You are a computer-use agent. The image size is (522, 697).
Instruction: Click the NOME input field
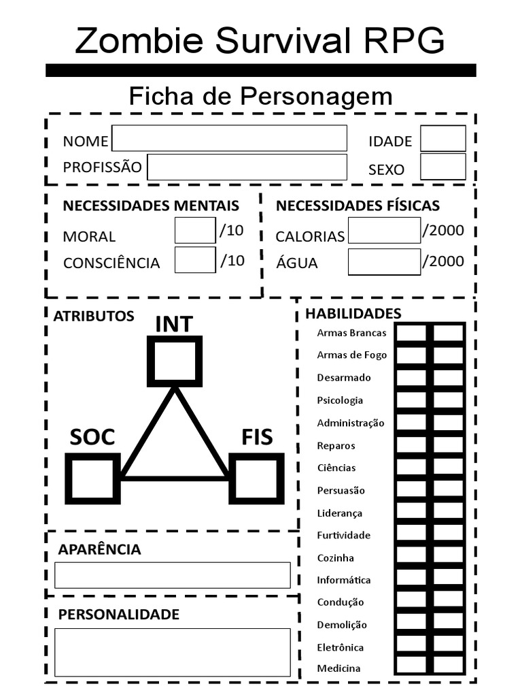229,138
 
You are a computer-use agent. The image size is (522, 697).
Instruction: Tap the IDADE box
442,138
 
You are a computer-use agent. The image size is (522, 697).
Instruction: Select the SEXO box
442,167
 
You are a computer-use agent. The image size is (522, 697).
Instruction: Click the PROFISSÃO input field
247,167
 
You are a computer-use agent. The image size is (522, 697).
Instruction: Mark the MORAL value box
195,231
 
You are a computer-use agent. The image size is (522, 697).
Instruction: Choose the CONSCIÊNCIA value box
195,259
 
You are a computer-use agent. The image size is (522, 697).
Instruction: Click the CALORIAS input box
384,231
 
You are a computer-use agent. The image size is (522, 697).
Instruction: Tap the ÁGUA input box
384,262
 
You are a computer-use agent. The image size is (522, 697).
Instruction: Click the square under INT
175,361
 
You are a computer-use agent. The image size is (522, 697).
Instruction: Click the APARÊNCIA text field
172,575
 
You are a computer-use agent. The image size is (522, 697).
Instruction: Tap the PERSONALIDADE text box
172,652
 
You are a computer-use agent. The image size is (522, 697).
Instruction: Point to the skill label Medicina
338,668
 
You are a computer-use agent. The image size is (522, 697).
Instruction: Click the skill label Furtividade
343,535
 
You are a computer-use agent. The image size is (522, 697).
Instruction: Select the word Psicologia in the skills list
340,400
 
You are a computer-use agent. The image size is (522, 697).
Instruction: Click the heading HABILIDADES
353,313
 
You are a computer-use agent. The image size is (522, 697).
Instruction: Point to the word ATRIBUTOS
94,316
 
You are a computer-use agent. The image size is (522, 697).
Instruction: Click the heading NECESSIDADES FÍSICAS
358,206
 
